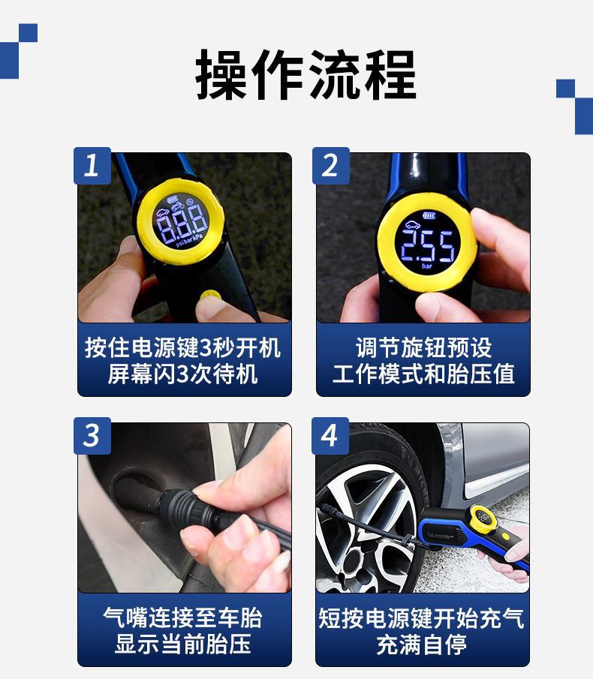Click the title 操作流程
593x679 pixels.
(306, 75)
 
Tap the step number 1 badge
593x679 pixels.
(92, 166)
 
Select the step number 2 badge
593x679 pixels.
(330, 166)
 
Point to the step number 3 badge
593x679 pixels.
(92, 436)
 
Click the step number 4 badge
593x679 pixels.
(330, 436)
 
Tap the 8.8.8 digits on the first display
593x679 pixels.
(182, 224)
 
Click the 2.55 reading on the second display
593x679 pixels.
(428, 245)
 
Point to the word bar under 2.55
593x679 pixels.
(427, 266)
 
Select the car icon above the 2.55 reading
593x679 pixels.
(412, 224)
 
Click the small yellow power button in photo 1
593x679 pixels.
(210, 296)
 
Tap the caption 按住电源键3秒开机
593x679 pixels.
(183, 347)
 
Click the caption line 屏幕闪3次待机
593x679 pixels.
(183, 374)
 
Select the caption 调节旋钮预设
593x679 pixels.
(423, 347)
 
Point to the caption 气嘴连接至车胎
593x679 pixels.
(183, 618)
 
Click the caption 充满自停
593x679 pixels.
(421, 644)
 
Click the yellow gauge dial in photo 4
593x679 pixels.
(482, 518)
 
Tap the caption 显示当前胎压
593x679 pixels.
(183, 644)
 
